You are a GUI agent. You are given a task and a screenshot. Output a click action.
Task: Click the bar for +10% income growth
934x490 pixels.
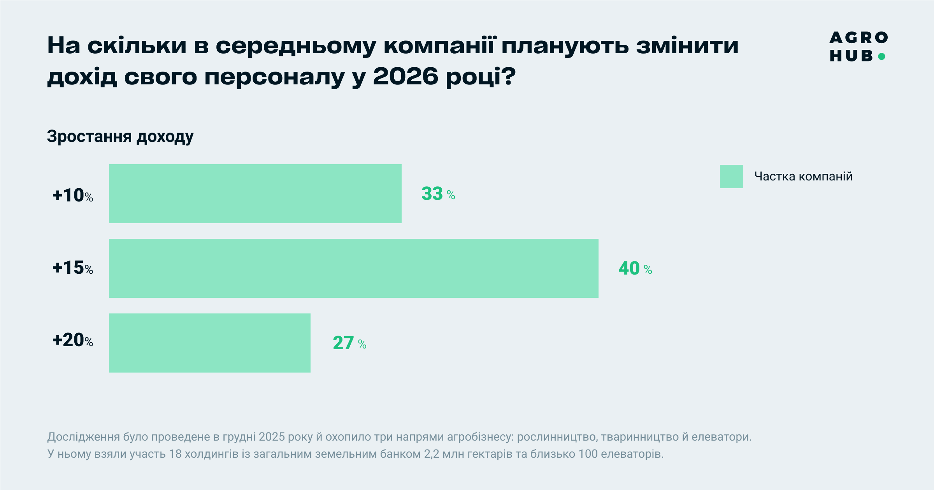click(x=255, y=194)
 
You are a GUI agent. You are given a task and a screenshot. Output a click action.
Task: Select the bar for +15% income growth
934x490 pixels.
click(x=353, y=268)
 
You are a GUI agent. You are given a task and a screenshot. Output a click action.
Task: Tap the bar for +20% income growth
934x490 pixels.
click(x=209, y=343)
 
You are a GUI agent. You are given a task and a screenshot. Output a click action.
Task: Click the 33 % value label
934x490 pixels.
click(x=438, y=194)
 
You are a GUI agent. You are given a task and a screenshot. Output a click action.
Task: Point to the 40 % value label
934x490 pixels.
click(x=635, y=268)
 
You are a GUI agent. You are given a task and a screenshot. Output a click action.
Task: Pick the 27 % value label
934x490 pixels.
click(x=349, y=343)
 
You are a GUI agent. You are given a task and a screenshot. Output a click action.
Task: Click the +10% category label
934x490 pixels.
click(x=73, y=195)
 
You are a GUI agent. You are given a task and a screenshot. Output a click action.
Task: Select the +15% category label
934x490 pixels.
click(x=73, y=268)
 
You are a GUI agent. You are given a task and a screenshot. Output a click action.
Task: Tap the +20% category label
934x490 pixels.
click(x=73, y=340)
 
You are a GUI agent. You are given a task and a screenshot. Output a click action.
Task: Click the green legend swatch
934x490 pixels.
click(x=731, y=177)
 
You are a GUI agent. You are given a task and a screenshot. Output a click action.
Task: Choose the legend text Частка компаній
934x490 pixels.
click(x=803, y=177)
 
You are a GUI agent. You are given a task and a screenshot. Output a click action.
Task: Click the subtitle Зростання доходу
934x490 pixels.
click(x=120, y=137)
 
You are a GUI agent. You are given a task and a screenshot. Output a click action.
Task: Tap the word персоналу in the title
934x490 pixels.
click(x=274, y=77)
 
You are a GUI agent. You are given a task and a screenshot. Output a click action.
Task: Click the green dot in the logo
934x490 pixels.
click(x=882, y=56)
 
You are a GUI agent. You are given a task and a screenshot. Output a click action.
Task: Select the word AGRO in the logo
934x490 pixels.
click(x=859, y=38)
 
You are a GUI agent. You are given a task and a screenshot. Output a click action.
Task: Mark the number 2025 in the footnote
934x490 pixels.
click(x=272, y=437)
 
